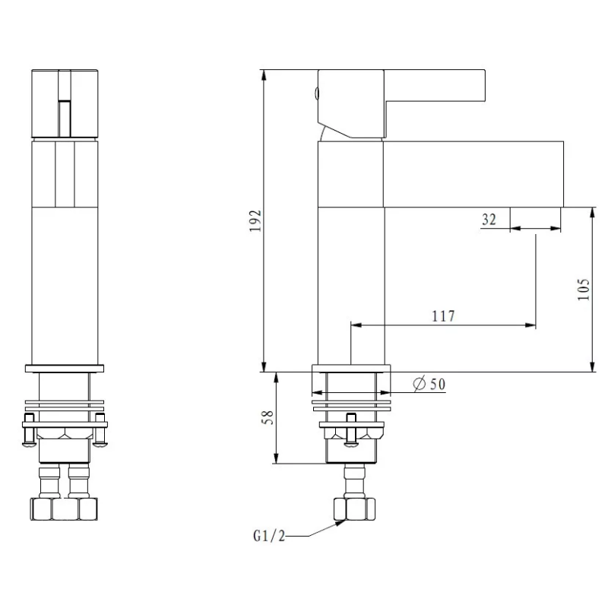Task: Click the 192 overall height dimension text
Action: [x=256, y=220]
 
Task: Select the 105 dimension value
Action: [x=583, y=289]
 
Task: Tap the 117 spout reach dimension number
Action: [x=443, y=316]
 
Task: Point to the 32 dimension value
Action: [x=489, y=220]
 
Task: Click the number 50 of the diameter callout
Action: [x=437, y=385]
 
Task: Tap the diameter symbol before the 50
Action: [x=419, y=385]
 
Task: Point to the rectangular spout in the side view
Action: [x=471, y=173]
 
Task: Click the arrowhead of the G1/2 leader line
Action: [x=340, y=523]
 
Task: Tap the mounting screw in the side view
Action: [x=352, y=432]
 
